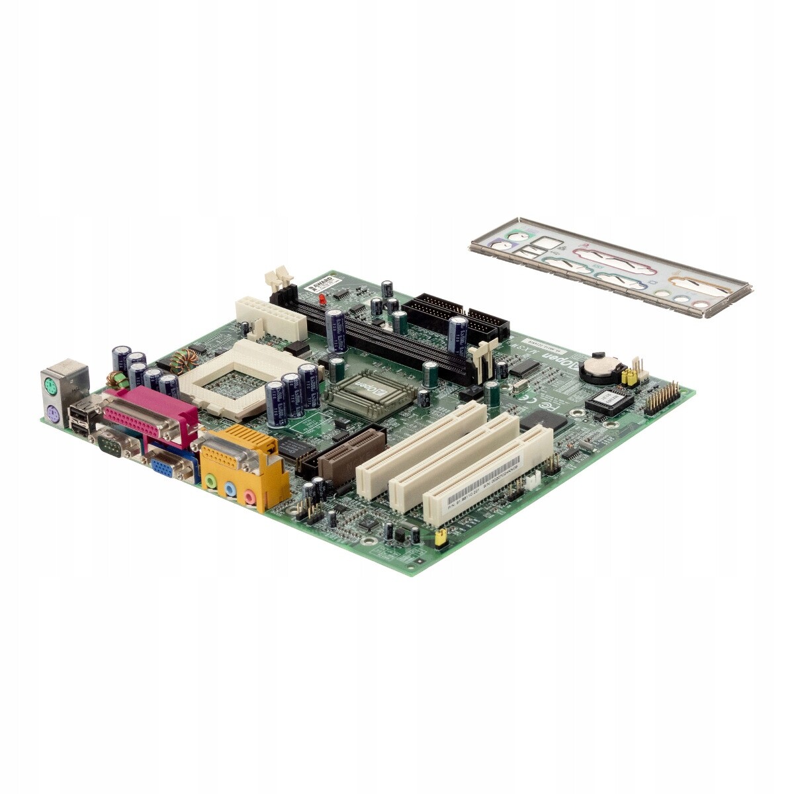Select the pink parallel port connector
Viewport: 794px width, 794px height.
(x=149, y=417)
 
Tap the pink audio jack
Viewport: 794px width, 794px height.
(x=249, y=497)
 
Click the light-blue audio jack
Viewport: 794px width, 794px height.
(x=230, y=490)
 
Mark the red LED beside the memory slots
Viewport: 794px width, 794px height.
(x=322, y=300)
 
